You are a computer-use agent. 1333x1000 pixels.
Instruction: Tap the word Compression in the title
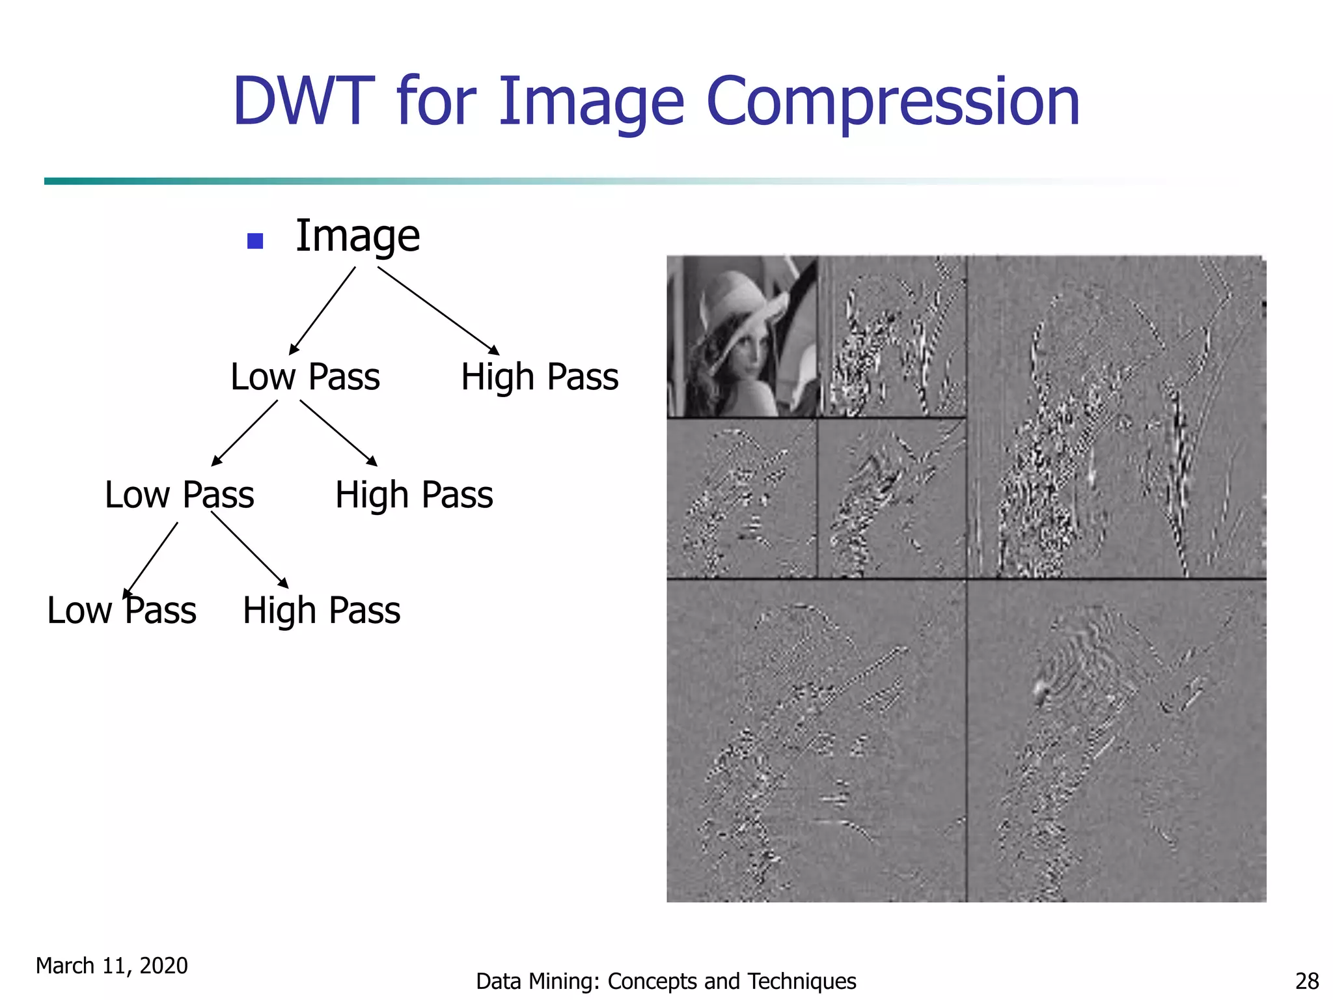[892, 102]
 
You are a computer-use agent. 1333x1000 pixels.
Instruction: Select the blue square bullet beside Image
[255, 242]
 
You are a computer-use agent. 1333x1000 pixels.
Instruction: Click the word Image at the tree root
[357, 236]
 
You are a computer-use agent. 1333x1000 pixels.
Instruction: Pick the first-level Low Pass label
[305, 377]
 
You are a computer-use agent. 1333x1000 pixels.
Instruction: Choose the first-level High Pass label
[539, 377]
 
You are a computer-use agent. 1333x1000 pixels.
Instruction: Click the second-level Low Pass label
[179, 495]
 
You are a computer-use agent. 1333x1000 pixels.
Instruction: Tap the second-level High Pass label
[414, 495]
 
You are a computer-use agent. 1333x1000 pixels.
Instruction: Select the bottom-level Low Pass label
[122, 611]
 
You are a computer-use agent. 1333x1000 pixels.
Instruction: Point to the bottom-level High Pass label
[322, 611]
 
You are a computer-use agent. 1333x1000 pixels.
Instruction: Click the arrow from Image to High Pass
[437, 310]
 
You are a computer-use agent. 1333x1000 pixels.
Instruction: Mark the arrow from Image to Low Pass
[323, 310]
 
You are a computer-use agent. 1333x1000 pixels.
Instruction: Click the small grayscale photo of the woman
[742, 336]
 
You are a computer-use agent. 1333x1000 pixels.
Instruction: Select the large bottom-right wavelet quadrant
[1117, 741]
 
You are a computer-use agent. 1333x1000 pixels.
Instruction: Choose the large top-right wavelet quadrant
[1117, 417]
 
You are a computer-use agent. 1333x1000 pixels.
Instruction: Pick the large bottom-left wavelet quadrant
[816, 741]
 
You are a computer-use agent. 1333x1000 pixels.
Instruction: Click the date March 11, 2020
[111, 965]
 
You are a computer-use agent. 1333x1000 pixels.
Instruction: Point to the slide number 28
[1307, 980]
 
